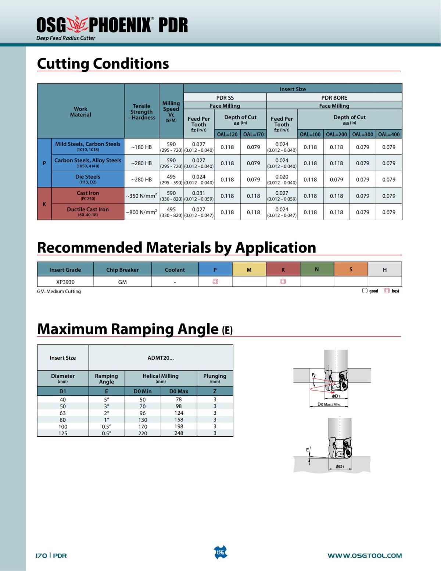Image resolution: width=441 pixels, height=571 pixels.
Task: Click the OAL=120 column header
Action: (227, 134)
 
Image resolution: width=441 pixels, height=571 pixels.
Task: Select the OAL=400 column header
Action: (389, 134)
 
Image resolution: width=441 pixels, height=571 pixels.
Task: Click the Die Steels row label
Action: (88, 179)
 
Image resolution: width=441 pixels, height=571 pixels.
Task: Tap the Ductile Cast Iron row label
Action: (88, 212)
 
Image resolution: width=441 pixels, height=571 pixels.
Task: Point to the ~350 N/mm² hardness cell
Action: (141, 196)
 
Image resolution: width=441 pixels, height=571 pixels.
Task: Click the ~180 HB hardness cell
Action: (141, 147)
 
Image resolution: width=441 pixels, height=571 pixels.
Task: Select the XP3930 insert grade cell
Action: (65, 282)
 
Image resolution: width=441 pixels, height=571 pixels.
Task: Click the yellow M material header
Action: (249, 270)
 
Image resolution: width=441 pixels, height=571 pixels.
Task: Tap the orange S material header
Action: (351, 270)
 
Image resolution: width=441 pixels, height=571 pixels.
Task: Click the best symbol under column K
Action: (283, 282)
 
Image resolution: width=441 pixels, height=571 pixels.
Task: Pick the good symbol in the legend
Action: (365, 291)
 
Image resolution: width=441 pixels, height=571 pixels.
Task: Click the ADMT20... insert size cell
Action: (161, 358)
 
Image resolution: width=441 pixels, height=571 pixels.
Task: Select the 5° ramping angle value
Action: (107, 399)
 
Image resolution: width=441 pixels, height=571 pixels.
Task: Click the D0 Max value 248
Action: (179, 433)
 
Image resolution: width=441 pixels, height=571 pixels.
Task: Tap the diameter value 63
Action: (63, 413)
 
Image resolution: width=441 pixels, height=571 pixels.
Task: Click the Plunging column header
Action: (215, 378)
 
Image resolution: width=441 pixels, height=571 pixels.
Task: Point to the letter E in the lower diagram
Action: (308, 450)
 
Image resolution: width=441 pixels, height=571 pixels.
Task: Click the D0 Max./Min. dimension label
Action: (329, 404)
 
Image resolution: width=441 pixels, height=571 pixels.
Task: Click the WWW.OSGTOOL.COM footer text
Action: (365, 555)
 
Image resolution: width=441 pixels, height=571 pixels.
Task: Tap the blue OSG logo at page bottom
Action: (220, 552)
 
